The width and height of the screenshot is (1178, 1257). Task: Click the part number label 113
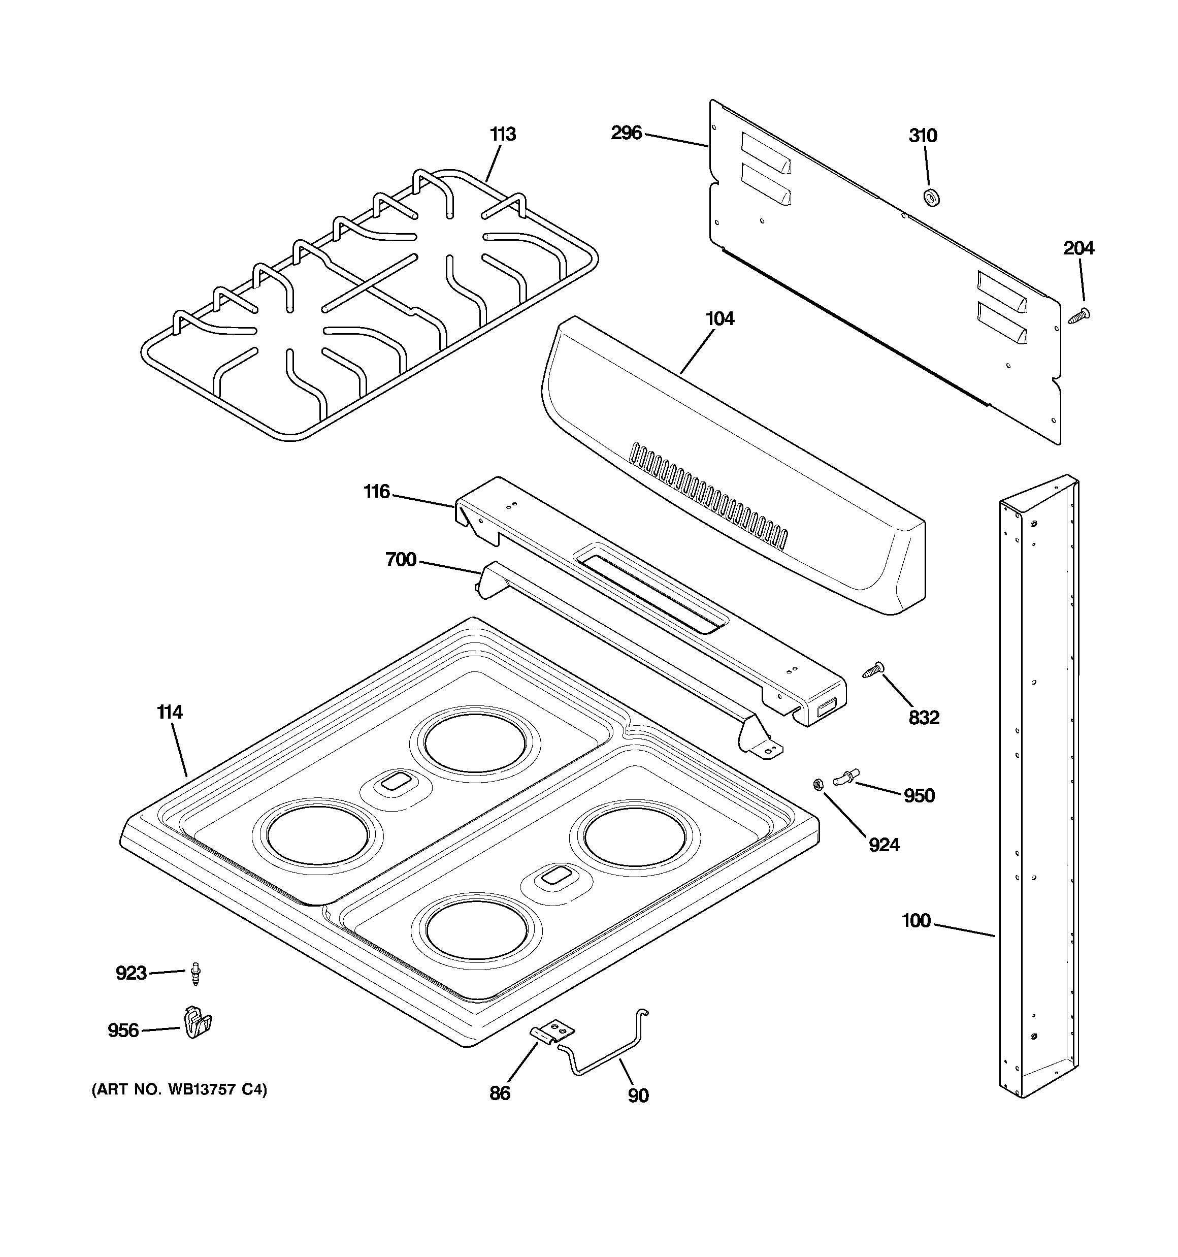pyautogui.click(x=503, y=134)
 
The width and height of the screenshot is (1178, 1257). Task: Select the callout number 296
pyautogui.click(x=626, y=133)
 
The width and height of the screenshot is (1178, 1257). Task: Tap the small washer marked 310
pyautogui.click(x=931, y=197)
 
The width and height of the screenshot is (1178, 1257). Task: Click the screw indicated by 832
pyautogui.click(x=874, y=669)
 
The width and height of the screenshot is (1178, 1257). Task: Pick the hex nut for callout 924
pyautogui.click(x=817, y=785)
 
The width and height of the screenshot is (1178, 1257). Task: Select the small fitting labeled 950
pyautogui.click(x=846, y=777)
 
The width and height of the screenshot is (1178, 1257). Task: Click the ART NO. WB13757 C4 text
pyautogui.click(x=180, y=1090)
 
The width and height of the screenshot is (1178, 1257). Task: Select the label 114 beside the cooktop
pyautogui.click(x=170, y=712)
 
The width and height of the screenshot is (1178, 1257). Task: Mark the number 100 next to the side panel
pyautogui.click(x=915, y=921)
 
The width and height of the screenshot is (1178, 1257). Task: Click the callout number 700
pyautogui.click(x=401, y=560)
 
